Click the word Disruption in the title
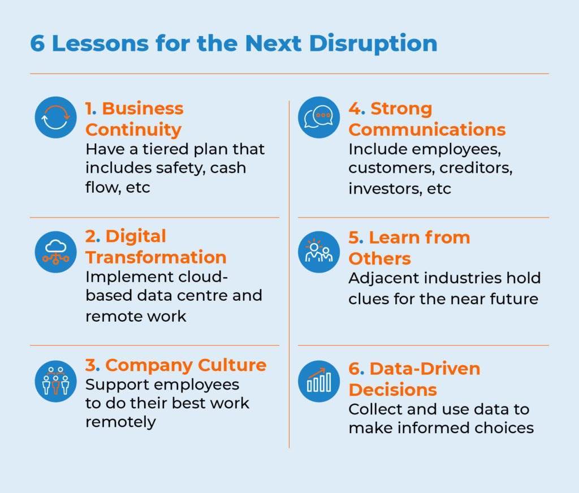(373, 44)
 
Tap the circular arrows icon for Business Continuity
(56, 118)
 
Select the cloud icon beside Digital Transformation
(56, 252)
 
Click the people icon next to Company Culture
(56, 381)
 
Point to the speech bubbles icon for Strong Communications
(319, 118)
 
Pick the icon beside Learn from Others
(319, 252)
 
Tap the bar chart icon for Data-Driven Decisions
(319, 381)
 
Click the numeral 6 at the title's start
(37, 43)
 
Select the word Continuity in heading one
(133, 131)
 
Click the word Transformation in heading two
(156, 257)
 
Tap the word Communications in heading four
(427, 129)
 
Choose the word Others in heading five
(379, 258)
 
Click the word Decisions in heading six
(392, 390)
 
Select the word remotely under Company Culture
(120, 422)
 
